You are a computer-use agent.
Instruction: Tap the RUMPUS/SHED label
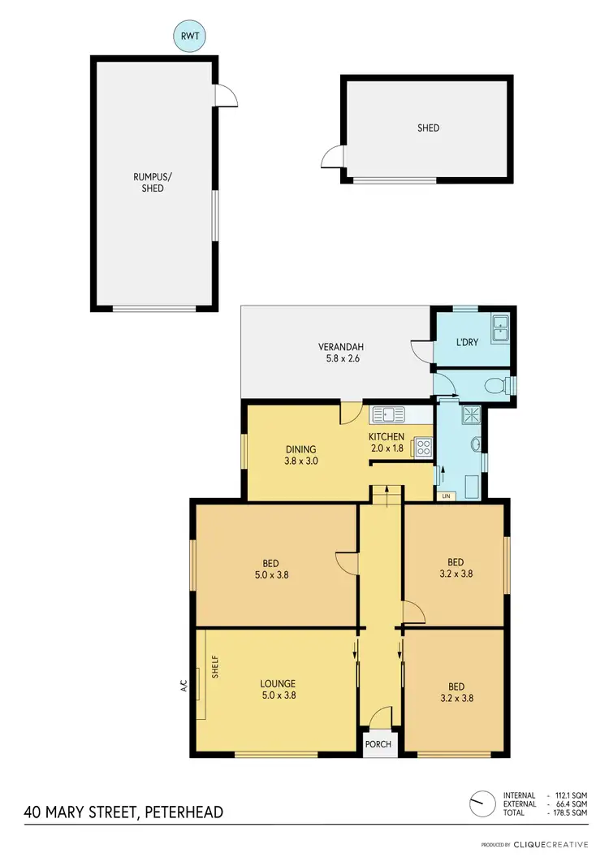[149, 182]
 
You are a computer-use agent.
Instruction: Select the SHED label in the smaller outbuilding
[428, 128]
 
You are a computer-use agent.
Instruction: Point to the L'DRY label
[467, 342]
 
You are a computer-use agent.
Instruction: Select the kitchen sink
[388, 415]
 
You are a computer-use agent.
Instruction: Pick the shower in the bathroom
[470, 416]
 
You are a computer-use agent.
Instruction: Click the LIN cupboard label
[445, 496]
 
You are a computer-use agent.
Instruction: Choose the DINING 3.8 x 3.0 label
[300, 455]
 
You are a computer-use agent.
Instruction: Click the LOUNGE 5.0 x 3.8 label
[278, 690]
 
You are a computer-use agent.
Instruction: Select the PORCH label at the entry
[378, 744]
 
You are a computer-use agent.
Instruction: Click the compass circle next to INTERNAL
[482, 803]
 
